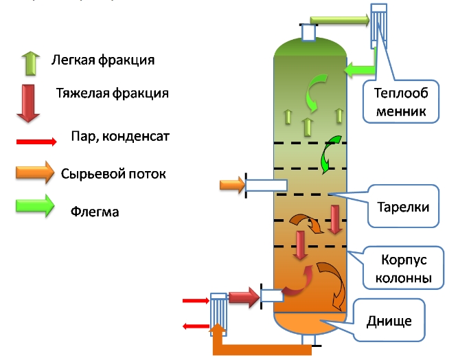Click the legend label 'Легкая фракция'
(102, 60)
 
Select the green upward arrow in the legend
(30, 62)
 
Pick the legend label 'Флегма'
(95, 212)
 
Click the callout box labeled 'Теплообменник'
(402, 101)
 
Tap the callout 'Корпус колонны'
(406, 269)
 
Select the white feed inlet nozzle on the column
(266, 185)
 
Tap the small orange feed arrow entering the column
(231, 184)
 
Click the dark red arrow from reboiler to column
(242, 297)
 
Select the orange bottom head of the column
(310, 324)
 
